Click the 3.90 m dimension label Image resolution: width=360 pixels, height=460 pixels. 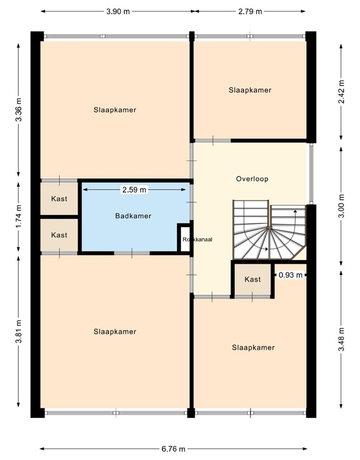[117, 11]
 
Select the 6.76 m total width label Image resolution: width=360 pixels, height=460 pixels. [173, 449]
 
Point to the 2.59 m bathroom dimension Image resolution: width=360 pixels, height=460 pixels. [134, 190]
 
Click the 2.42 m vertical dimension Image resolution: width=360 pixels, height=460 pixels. [341, 92]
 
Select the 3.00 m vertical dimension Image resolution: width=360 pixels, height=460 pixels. [341, 204]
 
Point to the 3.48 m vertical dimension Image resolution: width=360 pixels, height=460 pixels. [341, 340]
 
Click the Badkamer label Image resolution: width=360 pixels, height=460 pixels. [133, 216]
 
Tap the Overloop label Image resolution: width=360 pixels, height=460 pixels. [252, 178]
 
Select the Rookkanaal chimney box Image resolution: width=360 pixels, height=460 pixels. [184, 238]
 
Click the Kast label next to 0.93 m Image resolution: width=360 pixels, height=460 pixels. [253, 280]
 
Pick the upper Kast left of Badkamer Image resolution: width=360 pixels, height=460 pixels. [59, 199]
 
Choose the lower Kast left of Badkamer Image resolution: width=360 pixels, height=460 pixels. [59, 235]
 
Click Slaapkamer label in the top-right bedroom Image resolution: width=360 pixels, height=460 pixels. [250, 90]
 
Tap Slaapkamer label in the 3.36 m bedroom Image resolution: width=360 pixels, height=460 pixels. [114, 110]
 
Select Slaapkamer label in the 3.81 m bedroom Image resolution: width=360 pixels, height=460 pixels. [114, 332]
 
